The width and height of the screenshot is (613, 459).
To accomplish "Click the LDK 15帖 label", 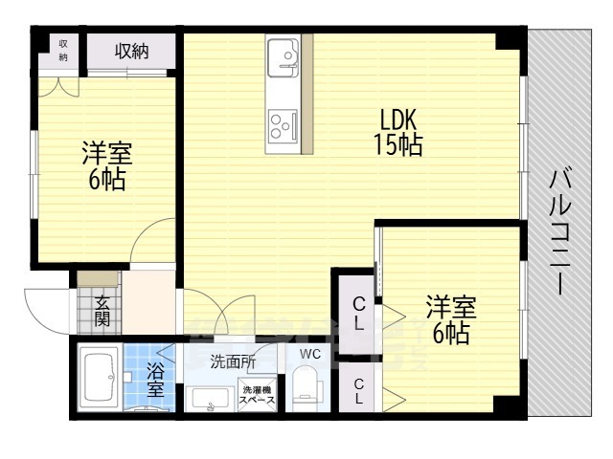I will [398, 134].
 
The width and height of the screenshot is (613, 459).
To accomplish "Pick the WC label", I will [308, 354].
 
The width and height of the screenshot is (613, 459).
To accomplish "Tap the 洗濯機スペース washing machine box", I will [258, 396].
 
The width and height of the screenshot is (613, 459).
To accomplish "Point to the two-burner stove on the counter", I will [284, 122].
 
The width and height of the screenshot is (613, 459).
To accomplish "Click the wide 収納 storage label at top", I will [132, 52].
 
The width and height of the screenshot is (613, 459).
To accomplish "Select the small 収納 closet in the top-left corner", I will [63, 52].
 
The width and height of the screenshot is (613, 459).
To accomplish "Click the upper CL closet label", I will [358, 314].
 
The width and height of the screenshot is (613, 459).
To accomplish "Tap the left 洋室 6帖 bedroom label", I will [106, 165].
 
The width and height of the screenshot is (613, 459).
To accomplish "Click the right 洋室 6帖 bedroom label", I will [450, 320].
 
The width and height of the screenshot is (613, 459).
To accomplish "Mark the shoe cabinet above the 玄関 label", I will [98, 279].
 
